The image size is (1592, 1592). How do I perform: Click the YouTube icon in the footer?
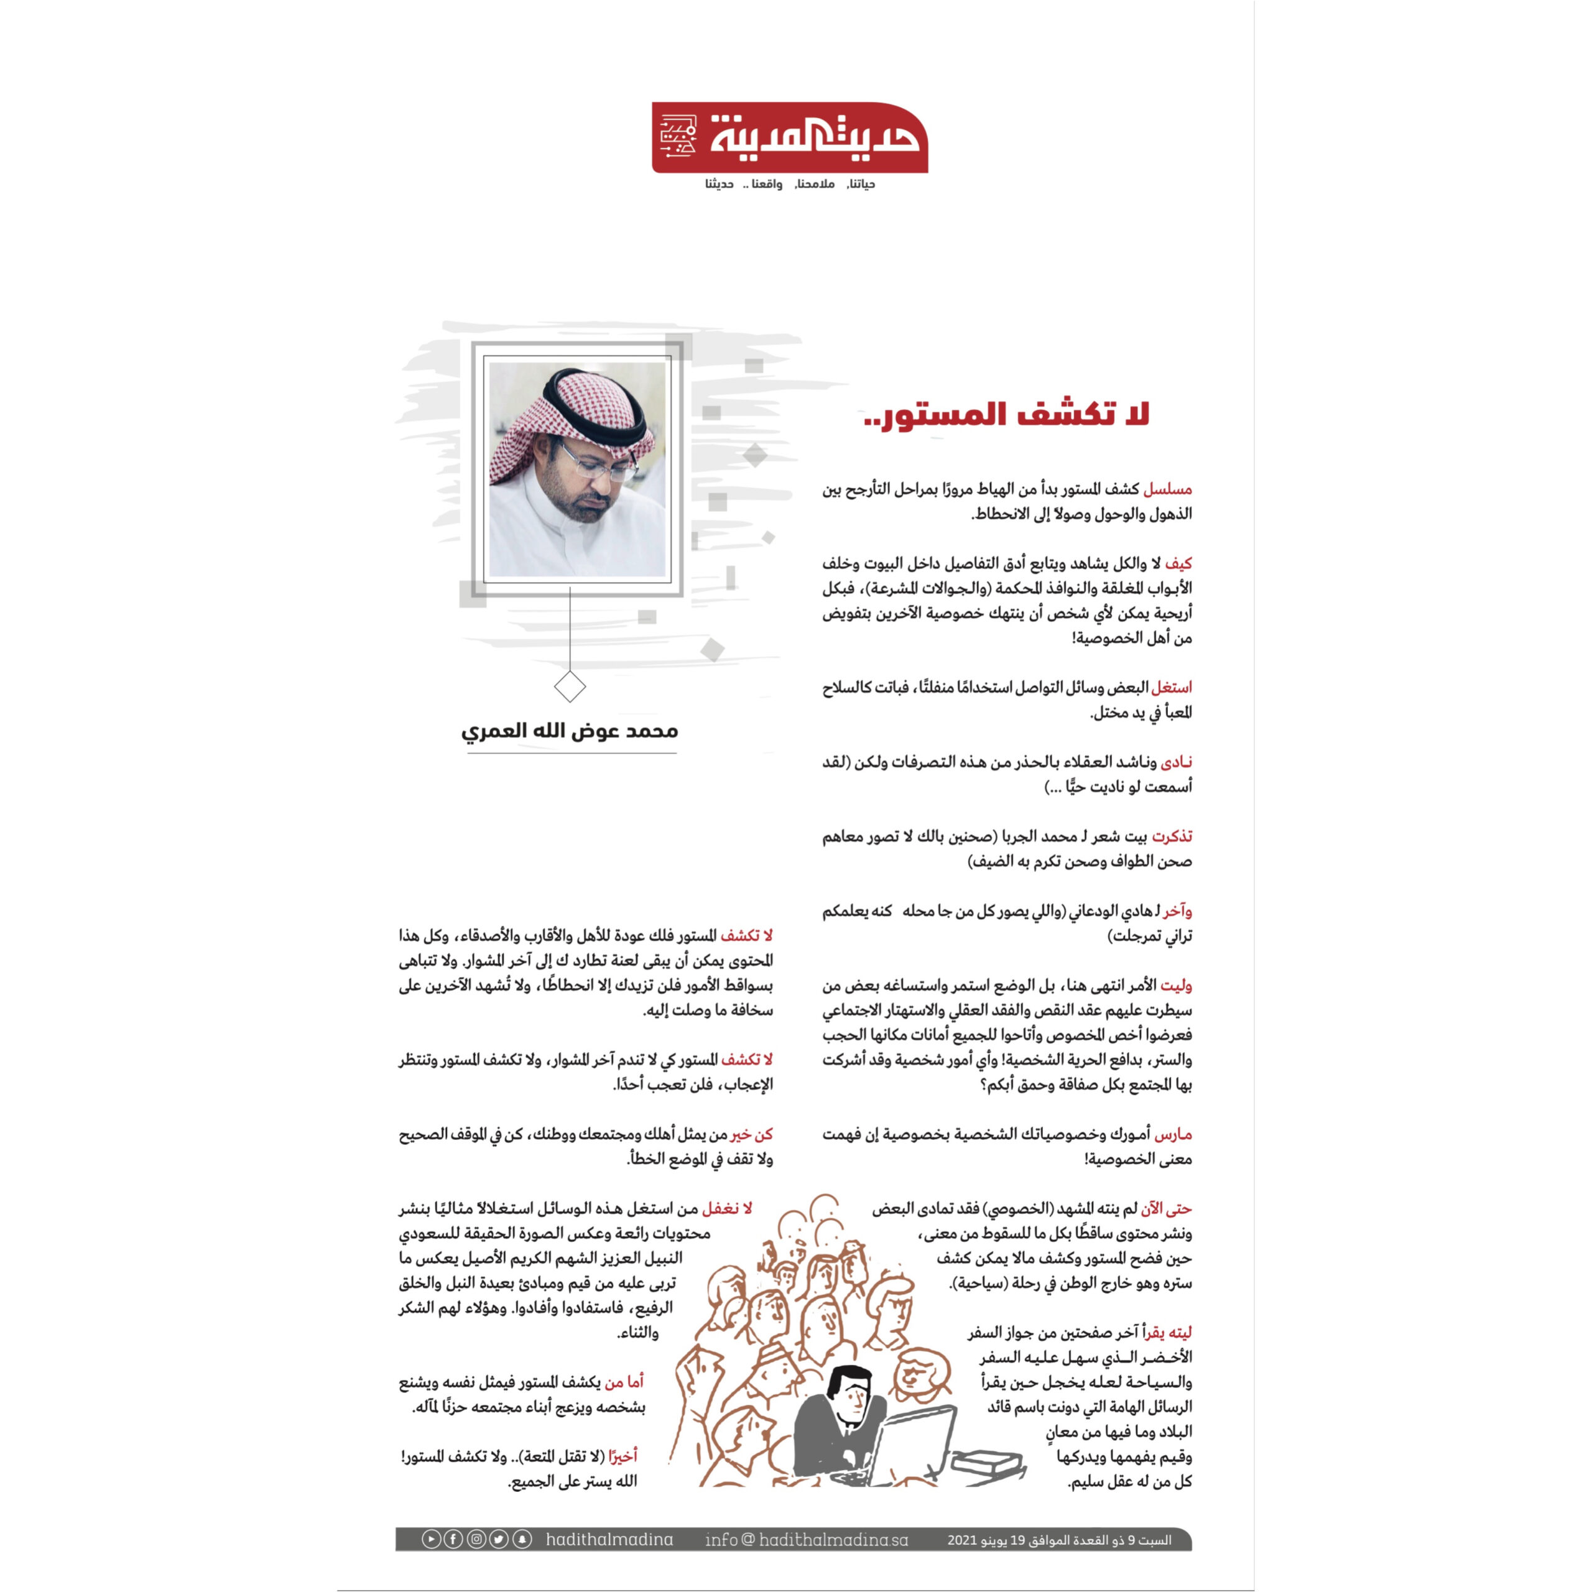tap(431, 1539)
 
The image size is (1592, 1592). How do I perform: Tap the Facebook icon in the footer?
tap(453, 1539)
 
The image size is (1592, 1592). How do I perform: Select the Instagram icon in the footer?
tap(476, 1539)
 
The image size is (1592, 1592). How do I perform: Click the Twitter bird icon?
tap(499, 1539)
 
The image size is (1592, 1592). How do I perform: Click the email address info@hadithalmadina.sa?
tap(807, 1539)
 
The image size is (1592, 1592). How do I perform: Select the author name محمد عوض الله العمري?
tap(570, 731)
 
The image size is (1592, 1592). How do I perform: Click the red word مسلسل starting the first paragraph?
tap(1168, 489)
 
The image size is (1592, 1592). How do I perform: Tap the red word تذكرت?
tap(1172, 837)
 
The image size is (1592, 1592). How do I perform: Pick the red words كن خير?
tap(751, 1135)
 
